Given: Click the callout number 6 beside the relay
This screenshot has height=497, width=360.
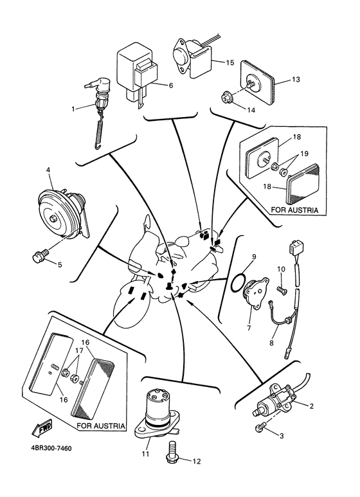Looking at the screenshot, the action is click(x=171, y=86).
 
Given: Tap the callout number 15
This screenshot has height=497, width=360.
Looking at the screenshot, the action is click(x=230, y=62).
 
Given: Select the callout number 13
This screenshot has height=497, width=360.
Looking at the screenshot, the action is click(x=296, y=79).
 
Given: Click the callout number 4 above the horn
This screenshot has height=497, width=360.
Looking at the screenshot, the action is click(x=48, y=170).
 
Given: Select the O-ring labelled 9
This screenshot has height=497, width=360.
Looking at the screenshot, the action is click(x=239, y=282).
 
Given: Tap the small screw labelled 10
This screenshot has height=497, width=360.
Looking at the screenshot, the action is click(x=282, y=290).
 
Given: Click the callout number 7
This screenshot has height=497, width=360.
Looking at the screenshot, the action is click(x=248, y=327).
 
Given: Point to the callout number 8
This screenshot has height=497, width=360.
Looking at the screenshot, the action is click(x=271, y=343).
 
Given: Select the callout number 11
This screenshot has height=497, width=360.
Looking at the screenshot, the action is click(x=145, y=454).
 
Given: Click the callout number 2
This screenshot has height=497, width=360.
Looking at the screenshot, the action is click(x=311, y=406).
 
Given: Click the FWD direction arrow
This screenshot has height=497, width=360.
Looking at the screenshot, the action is click(x=42, y=428).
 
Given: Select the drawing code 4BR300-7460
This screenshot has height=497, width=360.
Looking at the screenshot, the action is click(x=51, y=448).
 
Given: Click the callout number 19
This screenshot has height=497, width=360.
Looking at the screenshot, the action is click(x=304, y=154).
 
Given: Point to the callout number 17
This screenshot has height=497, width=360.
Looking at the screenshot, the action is click(x=79, y=351).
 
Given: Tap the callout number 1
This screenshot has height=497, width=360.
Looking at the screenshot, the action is click(x=73, y=109).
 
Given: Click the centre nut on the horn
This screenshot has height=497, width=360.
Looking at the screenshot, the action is click(x=53, y=219).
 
